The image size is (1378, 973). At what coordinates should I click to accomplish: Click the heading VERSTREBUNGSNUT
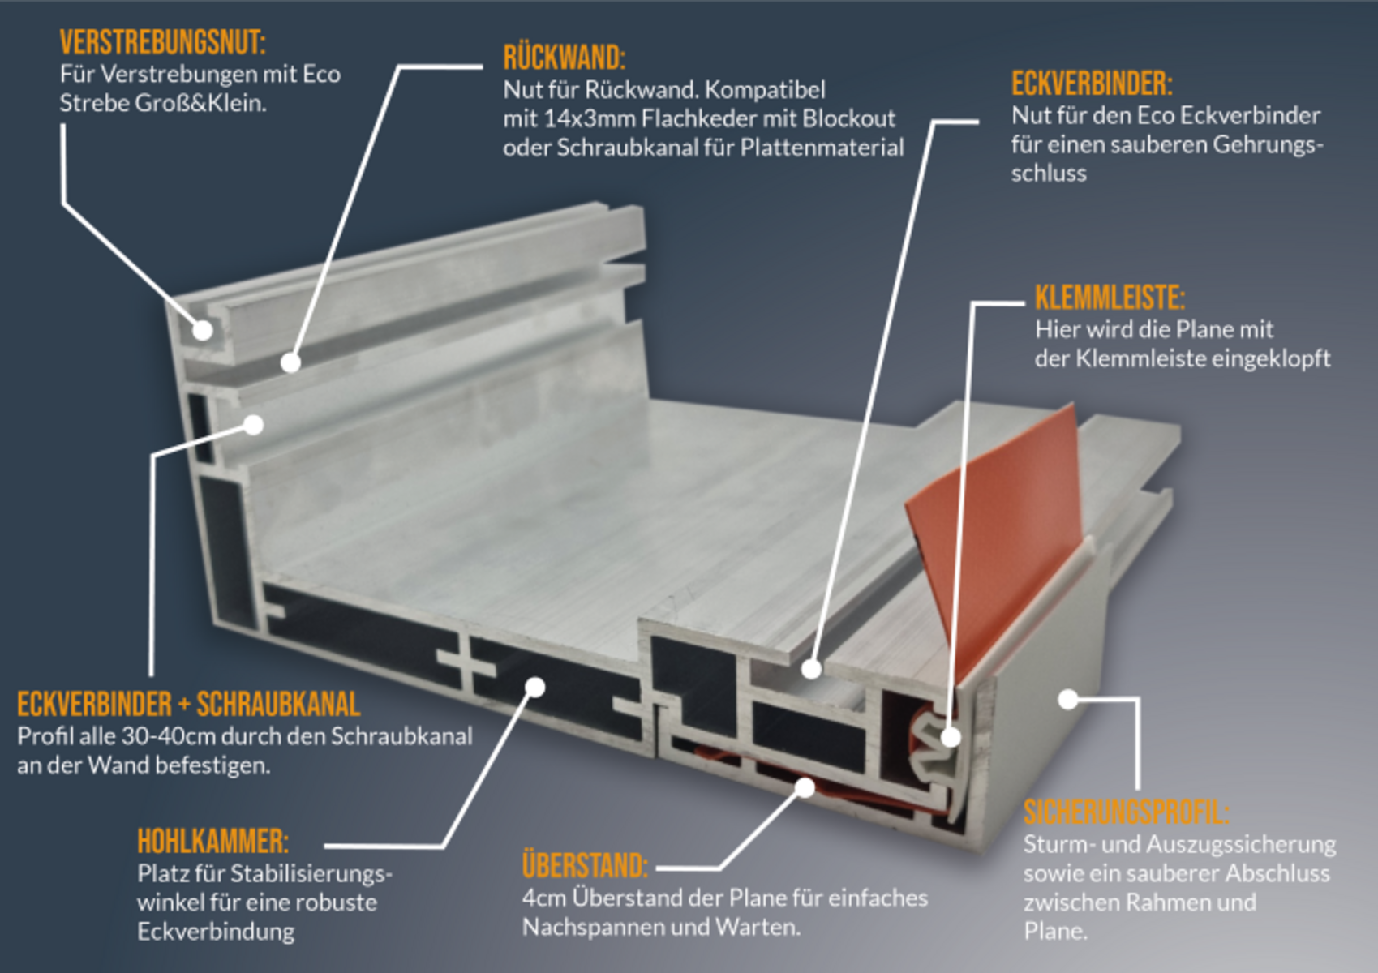pyautogui.click(x=162, y=42)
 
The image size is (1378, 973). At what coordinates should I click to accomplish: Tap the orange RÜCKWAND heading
pyautogui.click(x=564, y=58)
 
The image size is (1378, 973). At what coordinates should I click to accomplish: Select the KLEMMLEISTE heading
pyautogui.click(x=1109, y=298)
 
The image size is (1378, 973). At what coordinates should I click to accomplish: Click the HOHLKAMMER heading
pyautogui.click(x=212, y=842)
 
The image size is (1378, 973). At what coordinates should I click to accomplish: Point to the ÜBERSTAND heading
pyautogui.click(x=585, y=866)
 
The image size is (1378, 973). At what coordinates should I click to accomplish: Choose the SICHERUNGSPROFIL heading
pyautogui.click(x=1126, y=812)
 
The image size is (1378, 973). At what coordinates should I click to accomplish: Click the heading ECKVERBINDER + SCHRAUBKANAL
pyautogui.click(x=188, y=705)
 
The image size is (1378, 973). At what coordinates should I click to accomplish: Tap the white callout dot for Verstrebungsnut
pyautogui.click(x=203, y=330)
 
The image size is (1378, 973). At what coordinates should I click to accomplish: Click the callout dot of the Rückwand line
pyautogui.click(x=290, y=362)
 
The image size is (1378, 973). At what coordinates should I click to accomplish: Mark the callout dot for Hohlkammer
pyautogui.click(x=534, y=688)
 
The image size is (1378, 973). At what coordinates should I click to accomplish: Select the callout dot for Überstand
pyautogui.click(x=805, y=787)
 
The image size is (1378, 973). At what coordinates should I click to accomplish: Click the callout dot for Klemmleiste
pyautogui.click(x=951, y=737)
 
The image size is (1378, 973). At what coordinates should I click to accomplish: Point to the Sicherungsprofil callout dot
pyautogui.click(x=1068, y=698)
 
